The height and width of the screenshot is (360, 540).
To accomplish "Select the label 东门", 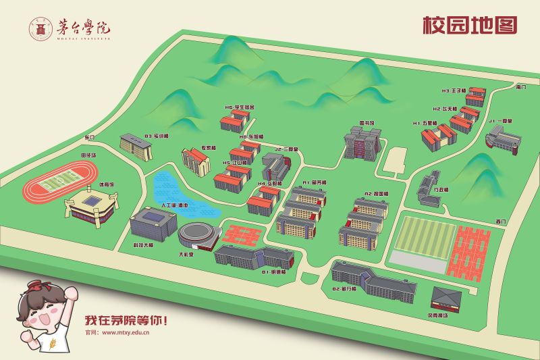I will [91, 138].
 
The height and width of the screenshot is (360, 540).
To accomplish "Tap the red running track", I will [58, 183].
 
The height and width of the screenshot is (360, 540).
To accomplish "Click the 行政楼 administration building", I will [429, 185].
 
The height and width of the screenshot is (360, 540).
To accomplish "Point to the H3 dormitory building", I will [475, 97].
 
